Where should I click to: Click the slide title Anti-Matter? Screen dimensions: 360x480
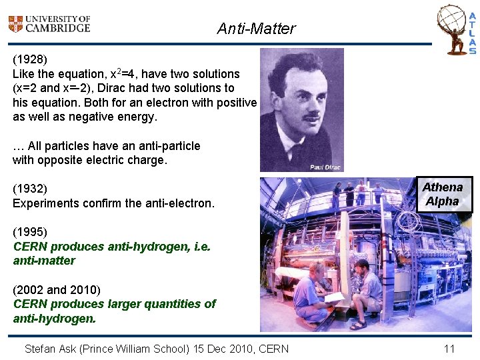[x=256, y=29]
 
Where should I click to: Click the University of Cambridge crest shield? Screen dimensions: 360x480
[x=15, y=25]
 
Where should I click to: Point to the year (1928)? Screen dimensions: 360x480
[x=30, y=59]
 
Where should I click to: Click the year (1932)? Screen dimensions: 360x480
[x=30, y=189]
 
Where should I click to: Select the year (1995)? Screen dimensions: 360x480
[x=30, y=232]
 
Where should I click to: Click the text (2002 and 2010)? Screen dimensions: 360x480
[x=57, y=289]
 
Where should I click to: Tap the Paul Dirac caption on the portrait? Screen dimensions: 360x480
[x=325, y=167]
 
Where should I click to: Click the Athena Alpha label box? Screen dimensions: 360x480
[x=443, y=194]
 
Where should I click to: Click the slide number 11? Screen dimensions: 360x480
[x=449, y=348]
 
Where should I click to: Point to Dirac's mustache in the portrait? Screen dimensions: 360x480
[x=311, y=115]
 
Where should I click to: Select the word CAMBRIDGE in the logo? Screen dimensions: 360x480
[x=58, y=28]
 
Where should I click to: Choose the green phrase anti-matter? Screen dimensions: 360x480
[x=44, y=261]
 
